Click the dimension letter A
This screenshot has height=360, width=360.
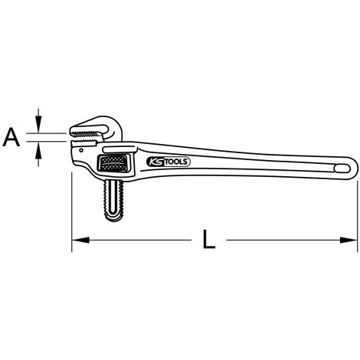click(11, 138)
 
